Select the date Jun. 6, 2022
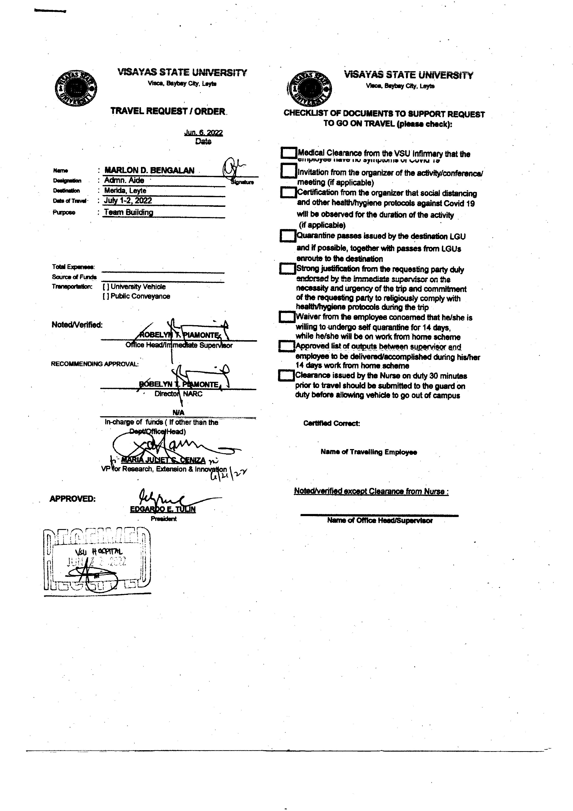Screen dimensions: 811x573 pos(203,133)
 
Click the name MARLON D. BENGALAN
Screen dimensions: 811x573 pos(149,170)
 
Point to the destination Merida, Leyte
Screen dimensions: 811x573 pos(125,191)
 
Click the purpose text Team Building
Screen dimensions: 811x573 pos(128,212)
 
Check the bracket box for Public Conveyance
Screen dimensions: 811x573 pos(106,296)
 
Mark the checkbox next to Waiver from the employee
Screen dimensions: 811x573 pos(287,317)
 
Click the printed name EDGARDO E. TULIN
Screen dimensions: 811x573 pos(163,509)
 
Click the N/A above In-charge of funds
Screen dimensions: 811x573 pos(178,413)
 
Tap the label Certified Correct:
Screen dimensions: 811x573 pos(331,423)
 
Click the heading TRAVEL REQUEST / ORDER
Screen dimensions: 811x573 pos(168,111)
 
